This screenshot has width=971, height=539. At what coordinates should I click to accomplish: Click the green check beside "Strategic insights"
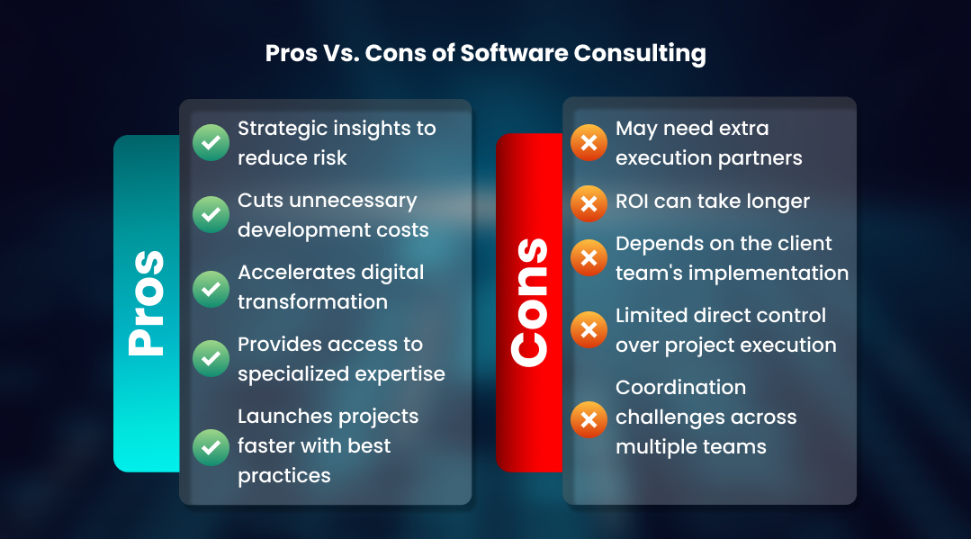tap(211, 143)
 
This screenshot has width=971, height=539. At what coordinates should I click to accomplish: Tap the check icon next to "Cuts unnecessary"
tap(211, 215)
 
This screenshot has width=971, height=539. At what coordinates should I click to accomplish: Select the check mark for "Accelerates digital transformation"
tap(211, 287)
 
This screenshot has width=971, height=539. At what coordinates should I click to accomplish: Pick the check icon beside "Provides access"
tap(211, 359)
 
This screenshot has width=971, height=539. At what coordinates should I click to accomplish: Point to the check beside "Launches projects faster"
tap(211, 445)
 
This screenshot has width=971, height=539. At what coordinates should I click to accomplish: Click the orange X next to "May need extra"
tap(589, 143)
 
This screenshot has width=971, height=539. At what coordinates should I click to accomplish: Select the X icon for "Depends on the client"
tap(589, 258)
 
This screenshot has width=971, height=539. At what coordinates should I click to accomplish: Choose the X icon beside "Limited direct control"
tap(589, 330)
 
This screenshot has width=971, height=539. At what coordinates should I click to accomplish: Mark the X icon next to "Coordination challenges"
tap(589, 418)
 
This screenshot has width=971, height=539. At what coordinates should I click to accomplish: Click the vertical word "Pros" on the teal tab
tap(146, 303)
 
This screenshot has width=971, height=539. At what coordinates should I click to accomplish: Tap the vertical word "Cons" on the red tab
tap(529, 303)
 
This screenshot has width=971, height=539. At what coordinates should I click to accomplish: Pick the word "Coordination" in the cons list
tap(680, 388)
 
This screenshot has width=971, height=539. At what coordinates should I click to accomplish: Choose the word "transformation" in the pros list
tap(312, 301)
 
